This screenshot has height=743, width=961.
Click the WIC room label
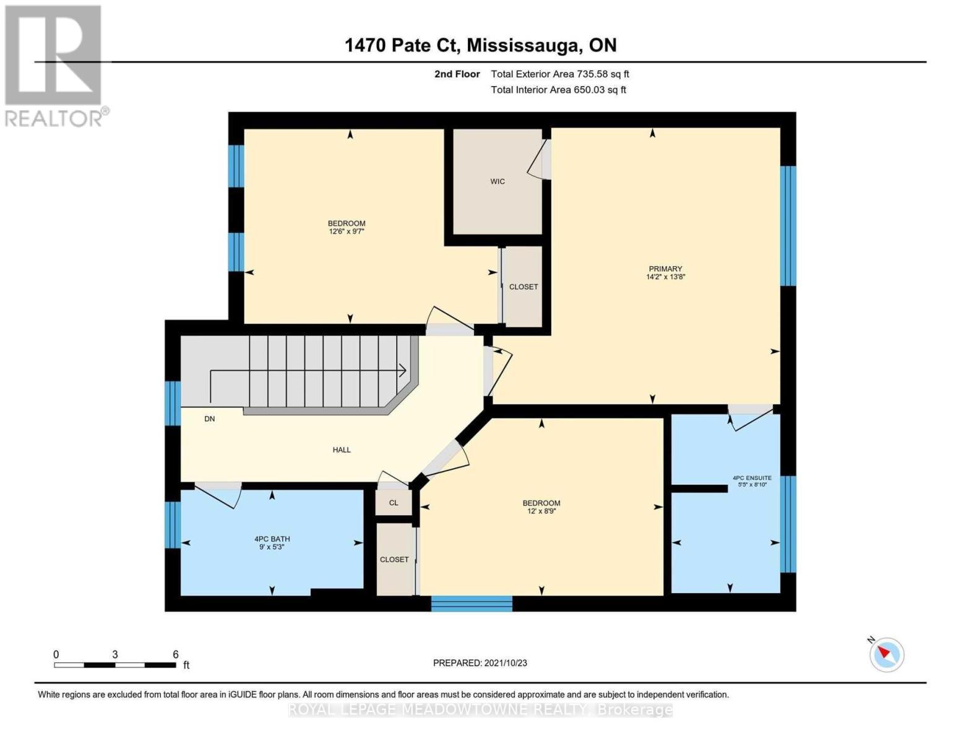point(498,181)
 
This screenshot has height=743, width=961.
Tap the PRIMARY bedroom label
point(665,269)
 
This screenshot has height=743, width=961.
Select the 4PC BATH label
point(272,539)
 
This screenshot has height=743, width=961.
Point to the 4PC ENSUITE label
point(752,478)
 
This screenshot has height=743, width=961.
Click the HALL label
point(342,450)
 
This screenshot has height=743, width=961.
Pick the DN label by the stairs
point(210,419)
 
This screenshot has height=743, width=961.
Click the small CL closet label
point(394,503)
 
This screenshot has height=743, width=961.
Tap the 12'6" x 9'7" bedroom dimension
point(347,232)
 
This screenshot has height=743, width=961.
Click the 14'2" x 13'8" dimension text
point(665,277)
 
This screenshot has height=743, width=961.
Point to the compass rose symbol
point(887,654)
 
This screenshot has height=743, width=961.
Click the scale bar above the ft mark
point(114,665)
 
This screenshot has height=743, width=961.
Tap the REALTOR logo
point(54,65)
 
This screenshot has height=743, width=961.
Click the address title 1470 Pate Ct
point(480,45)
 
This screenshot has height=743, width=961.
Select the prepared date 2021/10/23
point(480,663)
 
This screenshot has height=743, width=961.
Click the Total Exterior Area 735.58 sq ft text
point(559,74)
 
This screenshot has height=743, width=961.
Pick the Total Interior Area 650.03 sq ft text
point(558,90)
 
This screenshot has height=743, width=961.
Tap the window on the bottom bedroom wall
point(472,603)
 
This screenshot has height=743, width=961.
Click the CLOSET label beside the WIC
point(524,287)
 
